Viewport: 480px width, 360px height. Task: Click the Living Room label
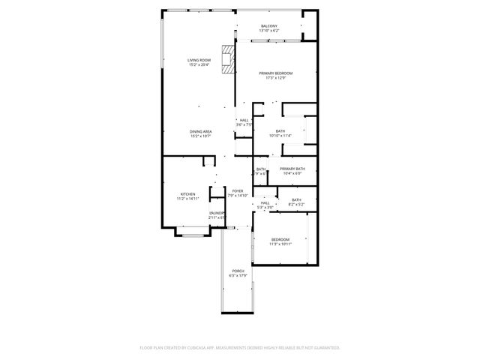[x=199, y=59]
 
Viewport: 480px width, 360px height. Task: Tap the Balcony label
[x=269, y=26]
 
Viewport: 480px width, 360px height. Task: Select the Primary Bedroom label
[x=275, y=73]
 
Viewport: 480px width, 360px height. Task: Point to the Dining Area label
[x=200, y=131]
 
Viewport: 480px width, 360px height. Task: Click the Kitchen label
[x=187, y=193]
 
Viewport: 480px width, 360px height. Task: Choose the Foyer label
[x=238, y=190]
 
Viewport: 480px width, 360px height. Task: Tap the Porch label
[x=238, y=271]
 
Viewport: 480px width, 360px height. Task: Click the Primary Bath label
[x=292, y=169]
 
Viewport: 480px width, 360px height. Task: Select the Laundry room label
[x=217, y=213]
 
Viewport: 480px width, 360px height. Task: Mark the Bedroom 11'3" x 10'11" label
[x=280, y=239]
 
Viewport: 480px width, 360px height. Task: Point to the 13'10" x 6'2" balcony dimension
[x=269, y=31]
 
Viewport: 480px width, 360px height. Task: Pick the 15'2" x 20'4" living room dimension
[x=199, y=64]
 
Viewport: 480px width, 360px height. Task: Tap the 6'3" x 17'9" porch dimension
[x=238, y=276]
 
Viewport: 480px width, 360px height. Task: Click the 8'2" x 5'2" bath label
[x=296, y=204]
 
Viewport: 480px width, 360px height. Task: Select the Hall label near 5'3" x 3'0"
[x=265, y=202]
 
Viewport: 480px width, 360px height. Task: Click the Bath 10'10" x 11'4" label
[x=280, y=131]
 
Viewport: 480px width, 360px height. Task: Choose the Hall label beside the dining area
[x=244, y=120]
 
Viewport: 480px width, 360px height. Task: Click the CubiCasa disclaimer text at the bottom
[x=240, y=348]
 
